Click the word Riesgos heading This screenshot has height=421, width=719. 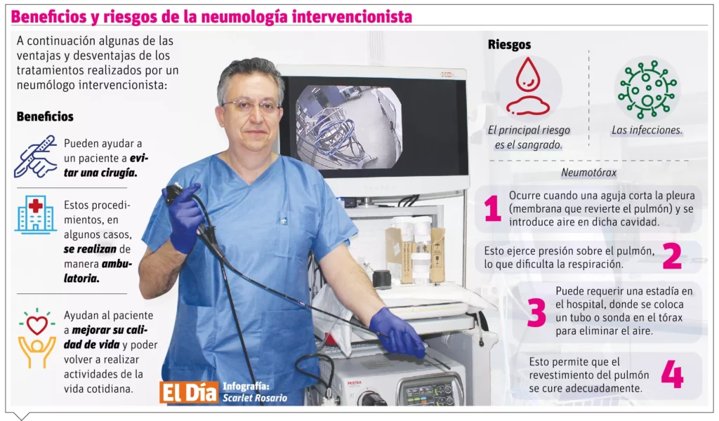509,45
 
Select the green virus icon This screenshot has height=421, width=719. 647,88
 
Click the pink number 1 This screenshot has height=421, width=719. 492,208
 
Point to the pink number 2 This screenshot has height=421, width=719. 672,255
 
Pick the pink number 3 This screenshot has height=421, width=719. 536,312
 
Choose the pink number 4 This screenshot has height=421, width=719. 672,374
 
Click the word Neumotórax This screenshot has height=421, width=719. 589,173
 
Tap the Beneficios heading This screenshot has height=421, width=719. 45,116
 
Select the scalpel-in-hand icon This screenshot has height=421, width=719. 36,156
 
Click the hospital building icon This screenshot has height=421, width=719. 35,215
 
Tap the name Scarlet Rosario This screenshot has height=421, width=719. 255,398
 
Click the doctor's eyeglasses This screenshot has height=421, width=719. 252,106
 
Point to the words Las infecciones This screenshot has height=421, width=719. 647,130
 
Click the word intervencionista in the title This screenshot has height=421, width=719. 352,17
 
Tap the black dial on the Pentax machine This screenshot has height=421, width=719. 372,398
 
